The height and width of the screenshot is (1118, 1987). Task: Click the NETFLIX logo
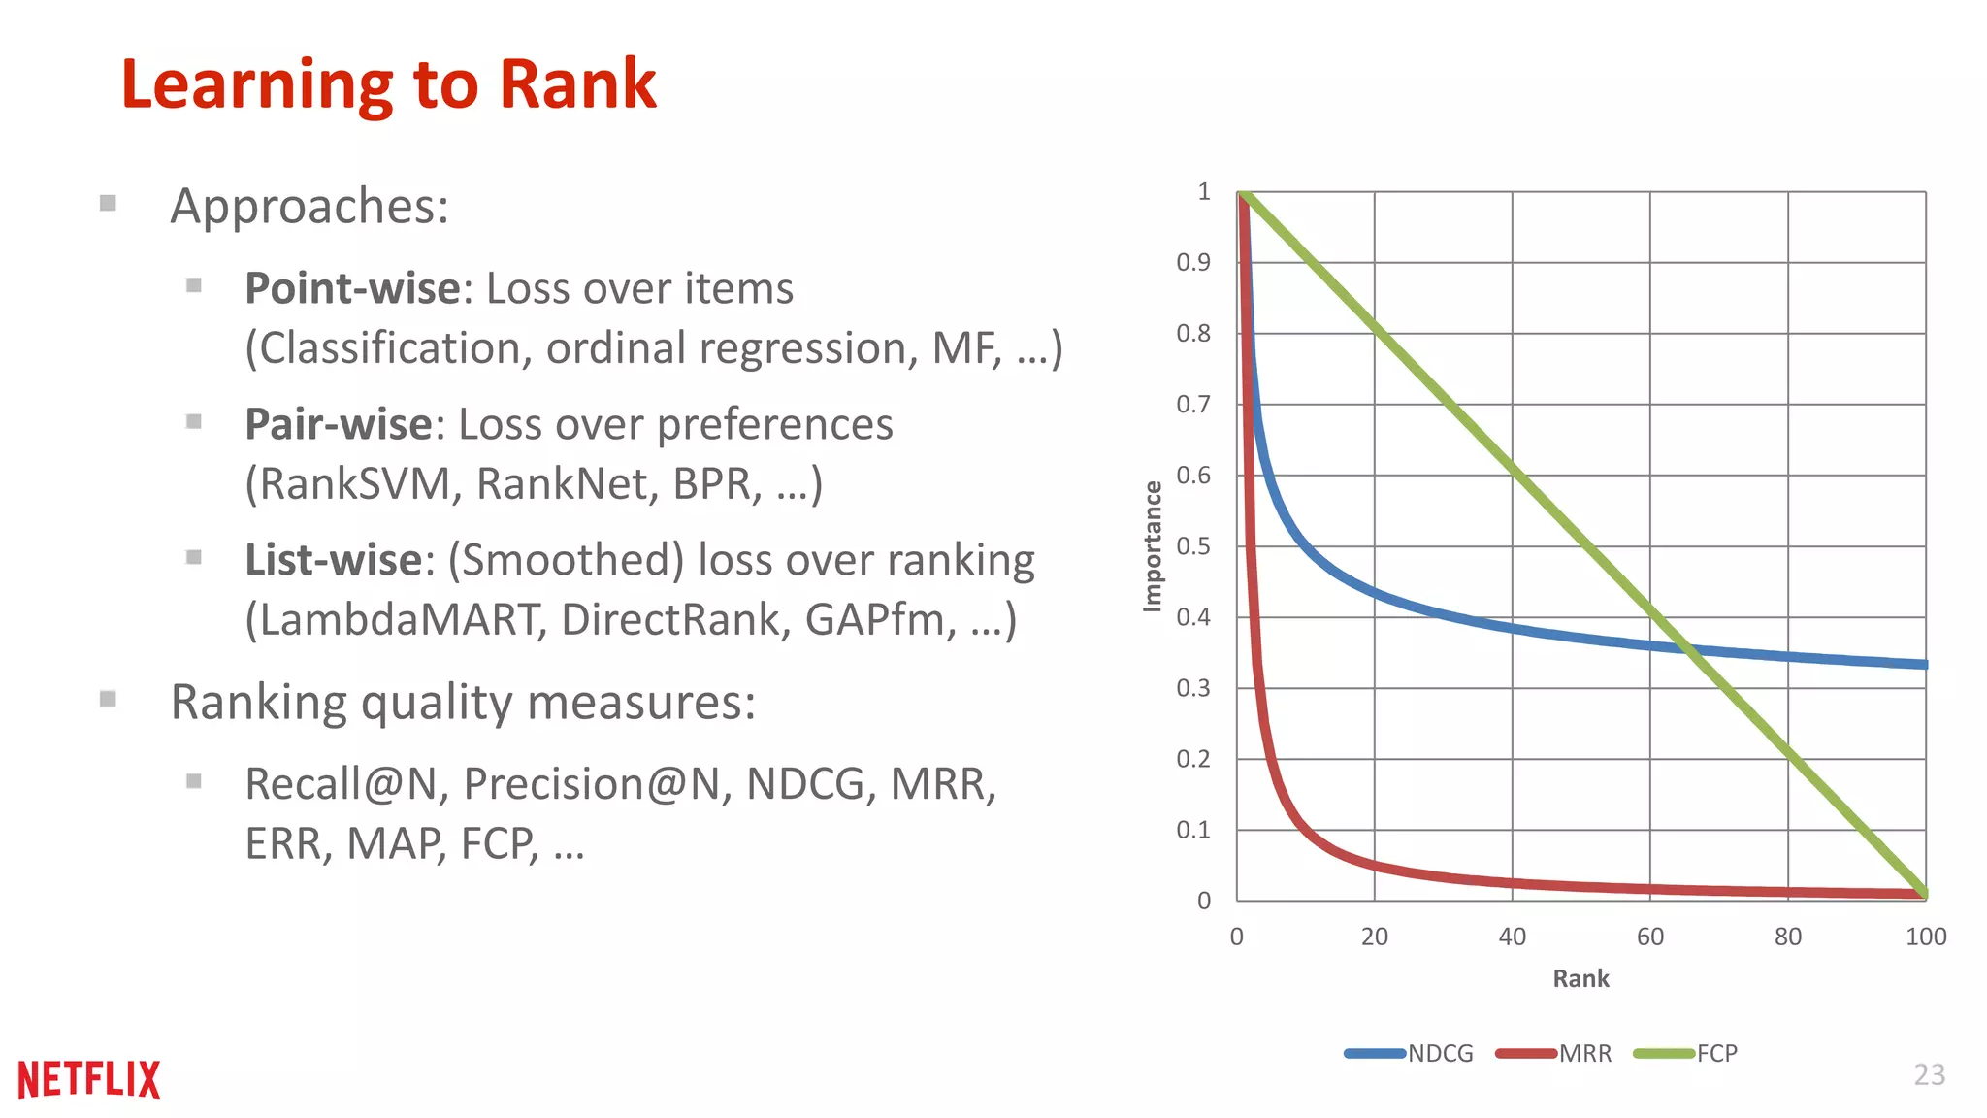[88, 1079]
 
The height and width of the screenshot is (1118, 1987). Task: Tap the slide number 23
[1929, 1074]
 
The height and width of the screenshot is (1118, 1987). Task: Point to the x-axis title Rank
[1580, 978]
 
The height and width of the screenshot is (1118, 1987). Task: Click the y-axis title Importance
[1152, 545]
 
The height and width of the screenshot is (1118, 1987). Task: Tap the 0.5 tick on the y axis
[1193, 545]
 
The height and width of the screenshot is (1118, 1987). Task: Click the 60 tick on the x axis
[1649, 937]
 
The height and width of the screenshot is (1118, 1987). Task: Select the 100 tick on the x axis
[1925, 937]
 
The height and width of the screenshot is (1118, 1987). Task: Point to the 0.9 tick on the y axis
[1193, 262]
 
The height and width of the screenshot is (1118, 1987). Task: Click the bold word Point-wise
[352, 288]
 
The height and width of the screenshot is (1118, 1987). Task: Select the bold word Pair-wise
[338, 424]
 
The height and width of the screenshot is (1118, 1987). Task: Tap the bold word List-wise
[333, 560]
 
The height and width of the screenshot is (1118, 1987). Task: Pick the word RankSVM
[354, 484]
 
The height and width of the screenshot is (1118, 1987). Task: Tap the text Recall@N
[345, 784]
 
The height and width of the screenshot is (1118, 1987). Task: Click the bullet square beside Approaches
[108, 203]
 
